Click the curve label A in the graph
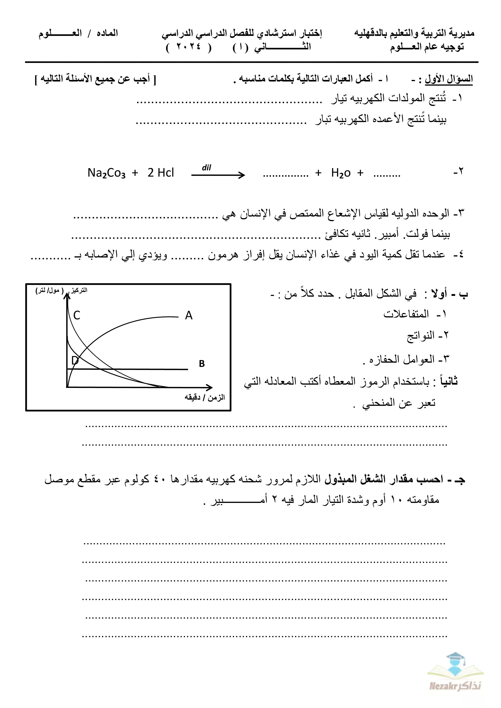(188, 315)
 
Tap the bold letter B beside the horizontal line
(202, 364)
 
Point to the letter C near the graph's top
(77, 315)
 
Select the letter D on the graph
(75, 360)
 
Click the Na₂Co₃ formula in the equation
(106, 173)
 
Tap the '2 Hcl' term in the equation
(160, 173)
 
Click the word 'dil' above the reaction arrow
(206, 168)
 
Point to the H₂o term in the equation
(341, 173)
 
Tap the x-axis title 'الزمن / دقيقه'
(205, 397)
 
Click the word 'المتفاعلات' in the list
(406, 314)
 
